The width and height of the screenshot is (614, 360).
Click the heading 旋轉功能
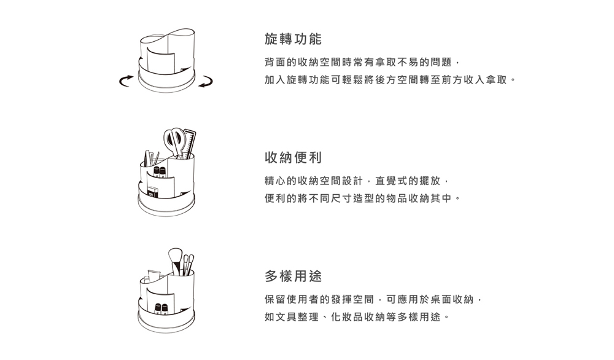click(293, 39)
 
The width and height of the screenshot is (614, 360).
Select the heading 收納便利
click(293, 158)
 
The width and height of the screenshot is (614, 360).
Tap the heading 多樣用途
click(293, 276)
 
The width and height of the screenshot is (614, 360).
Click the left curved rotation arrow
click(126, 81)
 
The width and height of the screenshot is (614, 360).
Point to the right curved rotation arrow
click(206, 81)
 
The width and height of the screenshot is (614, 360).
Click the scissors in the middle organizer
click(174, 142)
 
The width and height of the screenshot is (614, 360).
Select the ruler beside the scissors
click(189, 144)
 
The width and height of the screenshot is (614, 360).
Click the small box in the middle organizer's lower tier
click(153, 192)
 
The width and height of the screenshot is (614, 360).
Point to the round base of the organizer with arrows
click(166, 83)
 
